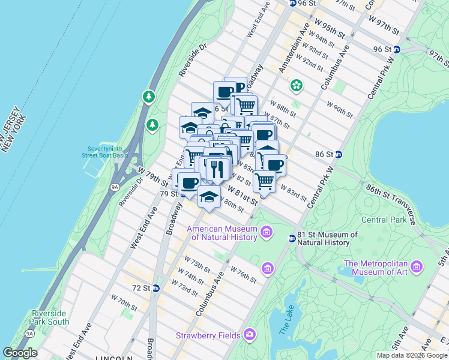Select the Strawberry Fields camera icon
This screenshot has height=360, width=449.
point(249,335)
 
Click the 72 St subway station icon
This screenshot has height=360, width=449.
point(155,288)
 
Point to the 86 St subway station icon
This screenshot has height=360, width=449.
point(339,154)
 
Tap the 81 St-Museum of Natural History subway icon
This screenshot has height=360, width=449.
point(292,239)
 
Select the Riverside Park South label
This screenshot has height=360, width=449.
point(50,317)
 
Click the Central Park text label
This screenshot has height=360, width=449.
point(383,220)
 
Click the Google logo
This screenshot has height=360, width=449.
point(20,353)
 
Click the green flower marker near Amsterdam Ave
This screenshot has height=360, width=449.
point(295,85)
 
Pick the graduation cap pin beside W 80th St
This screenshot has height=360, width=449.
point(208,196)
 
